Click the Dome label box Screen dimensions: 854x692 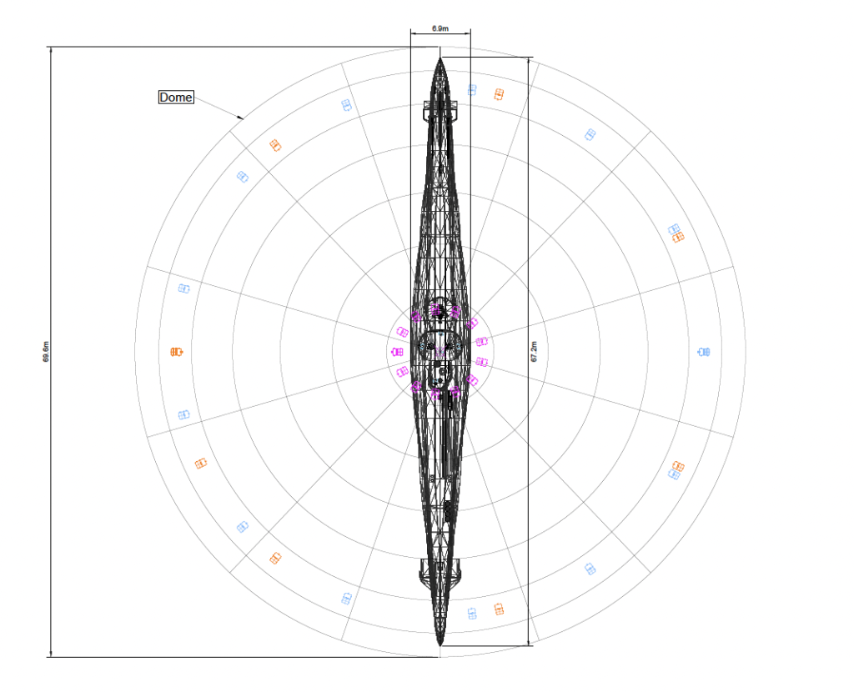(176, 97)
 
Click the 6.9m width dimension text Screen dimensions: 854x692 (440, 28)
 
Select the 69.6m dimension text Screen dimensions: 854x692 (46, 352)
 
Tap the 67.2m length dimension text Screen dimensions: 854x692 (534, 352)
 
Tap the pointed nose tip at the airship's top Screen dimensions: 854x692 (440, 58)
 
